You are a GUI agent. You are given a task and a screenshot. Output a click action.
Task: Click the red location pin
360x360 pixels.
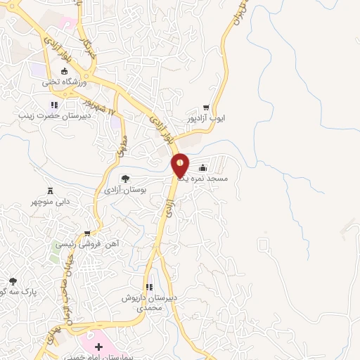[180, 165]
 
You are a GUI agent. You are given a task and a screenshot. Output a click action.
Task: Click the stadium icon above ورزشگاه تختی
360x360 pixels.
[64, 72]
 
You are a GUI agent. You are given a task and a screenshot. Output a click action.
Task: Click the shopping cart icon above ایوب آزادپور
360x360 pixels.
[206, 108]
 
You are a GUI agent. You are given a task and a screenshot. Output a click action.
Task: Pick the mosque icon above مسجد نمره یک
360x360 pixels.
[203, 167]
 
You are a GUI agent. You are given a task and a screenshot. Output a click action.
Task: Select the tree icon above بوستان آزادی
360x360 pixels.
[125, 179]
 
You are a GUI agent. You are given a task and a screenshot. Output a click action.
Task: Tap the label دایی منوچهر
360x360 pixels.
[51, 202]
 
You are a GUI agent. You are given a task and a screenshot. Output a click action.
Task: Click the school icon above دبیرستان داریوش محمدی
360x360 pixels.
[149, 287]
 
